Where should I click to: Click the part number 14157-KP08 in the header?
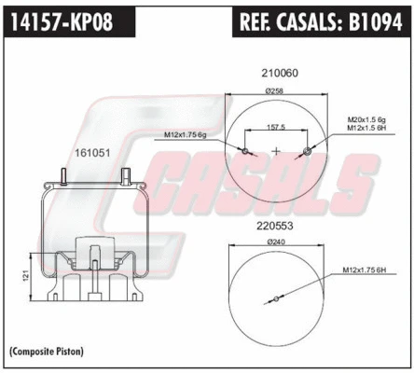click(x=60, y=21)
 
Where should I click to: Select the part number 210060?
click(x=275, y=71)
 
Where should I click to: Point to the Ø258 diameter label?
click(x=274, y=90)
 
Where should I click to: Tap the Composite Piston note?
click(x=47, y=352)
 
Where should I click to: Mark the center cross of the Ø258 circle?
click(x=275, y=149)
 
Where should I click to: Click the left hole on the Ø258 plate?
click(x=243, y=149)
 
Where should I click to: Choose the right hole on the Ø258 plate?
click(x=307, y=149)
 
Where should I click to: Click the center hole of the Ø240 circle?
click(x=276, y=300)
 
